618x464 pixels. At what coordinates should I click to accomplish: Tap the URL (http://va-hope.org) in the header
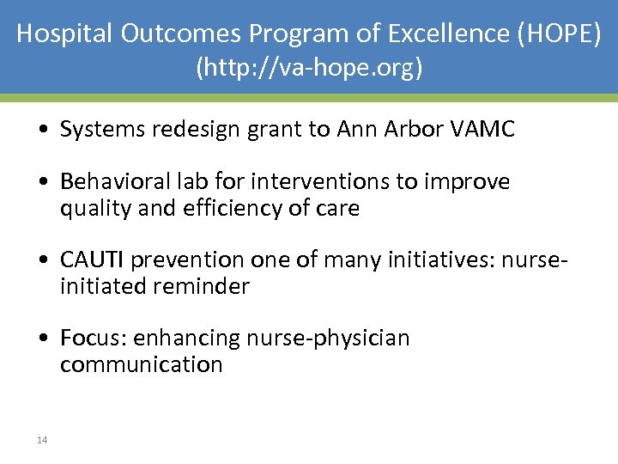(309, 67)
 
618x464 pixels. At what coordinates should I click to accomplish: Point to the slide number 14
(42, 440)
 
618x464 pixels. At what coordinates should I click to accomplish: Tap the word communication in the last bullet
(141, 364)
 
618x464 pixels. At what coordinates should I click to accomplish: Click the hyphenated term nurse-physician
(328, 339)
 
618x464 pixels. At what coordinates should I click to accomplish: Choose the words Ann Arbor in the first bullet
(380, 130)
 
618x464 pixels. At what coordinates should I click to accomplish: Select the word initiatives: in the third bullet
(426, 260)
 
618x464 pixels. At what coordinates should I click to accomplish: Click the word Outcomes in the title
(182, 34)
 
